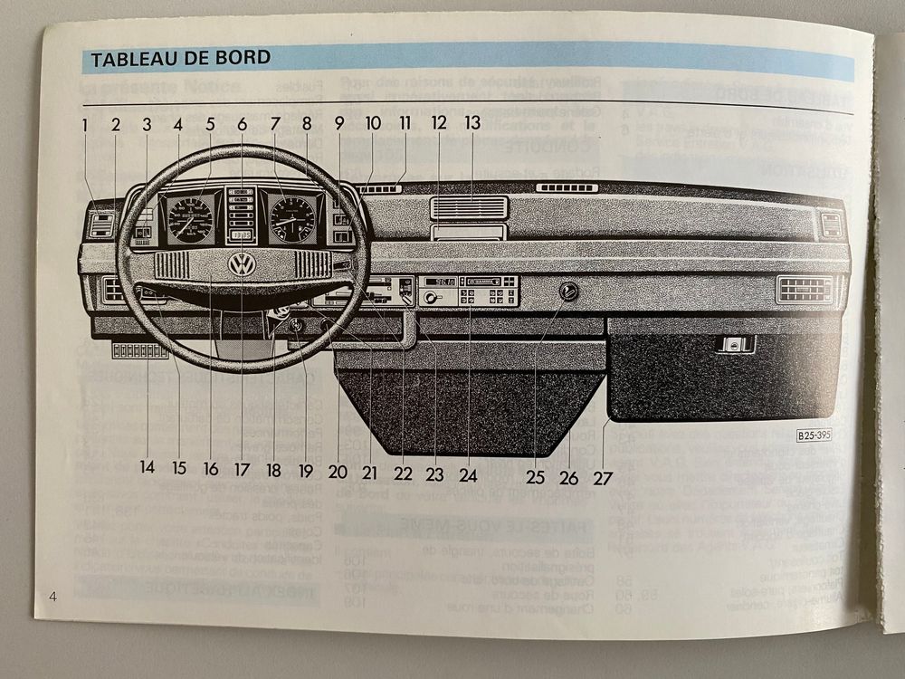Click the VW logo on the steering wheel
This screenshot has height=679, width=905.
click(x=242, y=264)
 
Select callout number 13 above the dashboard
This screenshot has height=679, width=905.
click(x=472, y=122)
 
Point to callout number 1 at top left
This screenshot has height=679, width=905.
click(x=84, y=124)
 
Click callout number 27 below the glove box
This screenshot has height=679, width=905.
click(x=603, y=469)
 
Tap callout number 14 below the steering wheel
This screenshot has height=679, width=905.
click(x=148, y=469)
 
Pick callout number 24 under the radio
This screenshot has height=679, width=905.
click(x=468, y=469)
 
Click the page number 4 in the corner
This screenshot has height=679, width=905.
click(x=53, y=595)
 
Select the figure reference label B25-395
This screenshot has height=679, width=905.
click(x=813, y=435)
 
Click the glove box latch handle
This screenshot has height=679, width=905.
click(x=735, y=344)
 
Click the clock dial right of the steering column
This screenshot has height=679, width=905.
click(x=292, y=218)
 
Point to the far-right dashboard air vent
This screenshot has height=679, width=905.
click(x=805, y=289)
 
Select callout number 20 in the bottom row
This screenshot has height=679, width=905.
click(x=338, y=469)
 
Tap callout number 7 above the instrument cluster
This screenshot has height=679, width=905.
click(x=275, y=124)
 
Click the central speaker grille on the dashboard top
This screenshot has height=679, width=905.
click(x=468, y=207)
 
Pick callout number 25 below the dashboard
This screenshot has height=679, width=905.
click(x=535, y=469)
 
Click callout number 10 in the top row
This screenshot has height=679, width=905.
click(x=373, y=122)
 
